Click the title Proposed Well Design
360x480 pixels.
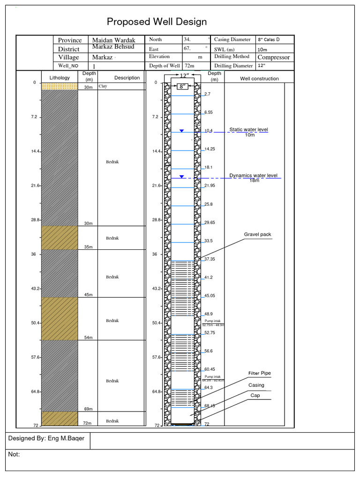tap(157, 22)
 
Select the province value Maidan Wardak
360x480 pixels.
tap(113, 40)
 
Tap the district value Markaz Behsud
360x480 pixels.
tap(113, 47)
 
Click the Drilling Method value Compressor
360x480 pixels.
tap(274, 57)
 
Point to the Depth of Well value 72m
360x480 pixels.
tap(189, 66)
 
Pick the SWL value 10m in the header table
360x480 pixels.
tap(262, 49)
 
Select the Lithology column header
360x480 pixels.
tap(59, 78)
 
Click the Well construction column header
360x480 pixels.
tap(259, 79)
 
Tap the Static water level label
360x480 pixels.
tap(248, 130)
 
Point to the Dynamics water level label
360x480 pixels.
tap(253, 176)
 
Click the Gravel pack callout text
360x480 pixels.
tap(257, 234)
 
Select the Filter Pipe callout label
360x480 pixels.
tap(259, 374)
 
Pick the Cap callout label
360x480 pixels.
tap(255, 396)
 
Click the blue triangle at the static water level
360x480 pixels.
tap(181, 131)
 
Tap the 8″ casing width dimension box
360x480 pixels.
tap(182, 86)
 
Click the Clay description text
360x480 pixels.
tap(103, 87)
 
